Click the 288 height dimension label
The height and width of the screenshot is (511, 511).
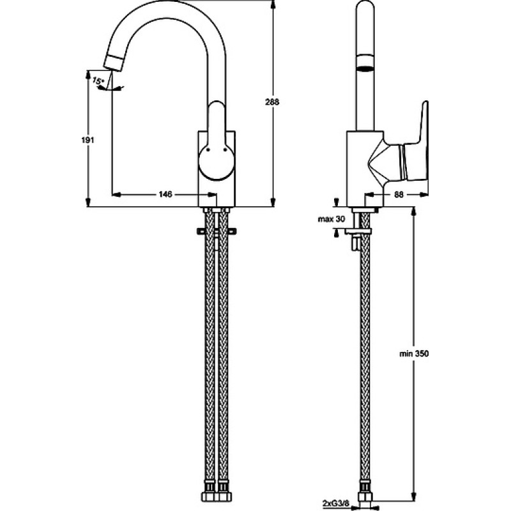click(272, 102)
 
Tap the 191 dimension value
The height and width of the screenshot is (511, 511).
click(88, 140)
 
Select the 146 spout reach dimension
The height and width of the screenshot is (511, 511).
click(165, 195)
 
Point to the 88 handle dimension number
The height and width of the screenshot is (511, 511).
click(399, 195)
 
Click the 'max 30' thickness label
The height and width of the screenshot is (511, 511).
click(331, 219)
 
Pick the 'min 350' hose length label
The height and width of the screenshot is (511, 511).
click(414, 354)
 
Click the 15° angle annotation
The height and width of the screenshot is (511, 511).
click(98, 80)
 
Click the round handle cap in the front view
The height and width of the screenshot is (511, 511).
click(217, 162)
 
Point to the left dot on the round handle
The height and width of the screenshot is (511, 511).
click(208, 150)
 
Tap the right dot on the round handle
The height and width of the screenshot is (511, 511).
click(225, 150)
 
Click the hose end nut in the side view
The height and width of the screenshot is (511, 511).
click(365, 498)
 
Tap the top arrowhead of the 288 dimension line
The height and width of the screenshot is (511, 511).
click(273, 4)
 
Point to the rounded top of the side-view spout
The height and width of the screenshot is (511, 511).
click(365, 4)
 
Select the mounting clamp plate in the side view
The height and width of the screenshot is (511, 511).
click(358, 231)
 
